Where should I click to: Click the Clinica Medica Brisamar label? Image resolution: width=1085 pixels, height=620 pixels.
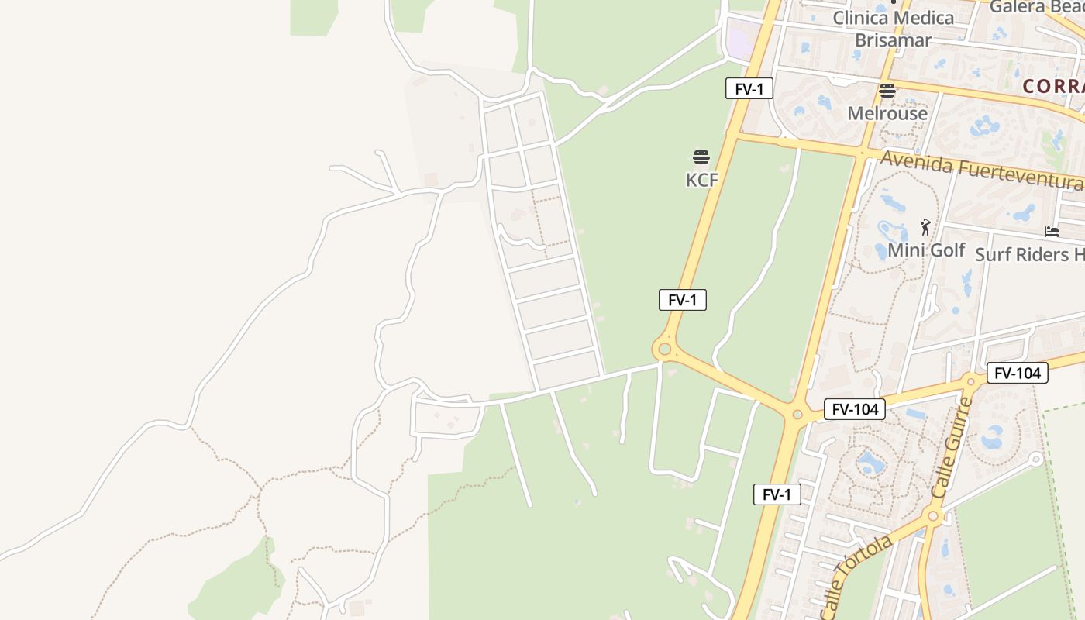point(893,28)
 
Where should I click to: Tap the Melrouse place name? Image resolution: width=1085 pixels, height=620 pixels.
point(887,113)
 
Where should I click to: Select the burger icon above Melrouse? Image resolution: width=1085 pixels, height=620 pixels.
point(887,91)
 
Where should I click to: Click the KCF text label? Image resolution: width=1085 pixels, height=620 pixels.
point(702,180)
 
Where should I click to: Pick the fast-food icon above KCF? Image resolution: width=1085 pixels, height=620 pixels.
point(701,158)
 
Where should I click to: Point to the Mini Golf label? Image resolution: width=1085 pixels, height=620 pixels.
point(926,250)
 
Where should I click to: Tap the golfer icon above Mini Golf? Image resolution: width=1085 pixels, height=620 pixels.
point(925,227)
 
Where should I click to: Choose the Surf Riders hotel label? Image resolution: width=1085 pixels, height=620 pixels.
point(1029,254)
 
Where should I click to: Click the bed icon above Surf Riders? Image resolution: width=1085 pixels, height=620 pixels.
point(1052,231)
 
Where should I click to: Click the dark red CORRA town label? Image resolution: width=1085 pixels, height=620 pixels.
point(1053,86)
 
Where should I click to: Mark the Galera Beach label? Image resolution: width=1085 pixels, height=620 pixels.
point(1038,7)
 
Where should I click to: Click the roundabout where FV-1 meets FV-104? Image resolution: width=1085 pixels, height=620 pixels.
point(797,415)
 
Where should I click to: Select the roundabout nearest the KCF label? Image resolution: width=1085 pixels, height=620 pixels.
point(663,350)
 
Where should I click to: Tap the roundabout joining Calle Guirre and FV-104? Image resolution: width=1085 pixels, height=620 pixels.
point(971,381)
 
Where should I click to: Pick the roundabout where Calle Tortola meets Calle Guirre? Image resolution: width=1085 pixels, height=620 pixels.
point(933,515)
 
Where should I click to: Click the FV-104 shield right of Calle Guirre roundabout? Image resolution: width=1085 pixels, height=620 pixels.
point(1017,373)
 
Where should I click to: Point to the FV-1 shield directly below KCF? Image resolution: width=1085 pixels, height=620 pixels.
point(682,300)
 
